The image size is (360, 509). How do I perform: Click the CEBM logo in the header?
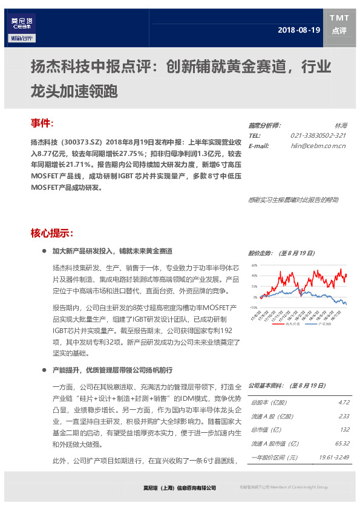(x=23, y=26)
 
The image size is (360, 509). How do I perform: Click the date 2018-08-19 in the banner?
(x=299, y=30)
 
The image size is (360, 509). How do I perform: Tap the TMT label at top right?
(x=339, y=18)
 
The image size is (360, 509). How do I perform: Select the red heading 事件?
(x=42, y=123)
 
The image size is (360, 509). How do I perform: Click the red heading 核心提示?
(x=52, y=233)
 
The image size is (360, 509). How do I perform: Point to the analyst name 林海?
(x=341, y=126)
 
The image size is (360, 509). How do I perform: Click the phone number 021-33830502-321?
(x=318, y=135)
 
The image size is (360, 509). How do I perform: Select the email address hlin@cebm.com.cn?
(x=318, y=146)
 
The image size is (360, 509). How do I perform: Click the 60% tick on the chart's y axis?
(x=254, y=265)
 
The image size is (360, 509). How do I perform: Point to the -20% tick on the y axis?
(x=254, y=308)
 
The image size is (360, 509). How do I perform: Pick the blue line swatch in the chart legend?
(x=313, y=324)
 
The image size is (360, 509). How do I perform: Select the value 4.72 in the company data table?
(x=344, y=402)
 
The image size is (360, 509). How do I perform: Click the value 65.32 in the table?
(x=342, y=444)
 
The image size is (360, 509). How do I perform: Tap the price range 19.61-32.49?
(x=334, y=458)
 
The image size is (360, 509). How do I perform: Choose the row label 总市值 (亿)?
(x=266, y=430)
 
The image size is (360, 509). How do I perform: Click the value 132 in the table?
(x=345, y=430)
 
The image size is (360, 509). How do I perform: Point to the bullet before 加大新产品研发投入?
(x=44, y=250)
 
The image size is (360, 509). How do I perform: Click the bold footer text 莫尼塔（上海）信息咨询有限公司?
(x=175, y=487)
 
